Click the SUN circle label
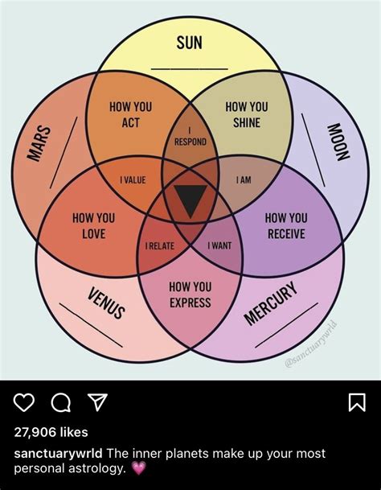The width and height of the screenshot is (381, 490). coord(189,43)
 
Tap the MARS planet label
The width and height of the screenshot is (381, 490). coord(39,143)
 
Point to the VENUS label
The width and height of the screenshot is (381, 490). coord(106,303)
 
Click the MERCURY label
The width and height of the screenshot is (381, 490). coord(271,303)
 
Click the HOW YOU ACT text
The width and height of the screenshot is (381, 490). coord(130,115)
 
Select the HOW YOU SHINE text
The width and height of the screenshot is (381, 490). coord(247,115)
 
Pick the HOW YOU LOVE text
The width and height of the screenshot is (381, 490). coord(94,226)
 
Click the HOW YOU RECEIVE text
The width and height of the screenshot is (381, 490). coord(286,226)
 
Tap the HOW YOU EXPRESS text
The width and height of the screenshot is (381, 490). coord(190,294)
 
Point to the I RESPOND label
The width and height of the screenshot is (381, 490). coord(190,138)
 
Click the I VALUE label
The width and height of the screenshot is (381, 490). coord(133,180)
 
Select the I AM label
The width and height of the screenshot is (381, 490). coord(244,180)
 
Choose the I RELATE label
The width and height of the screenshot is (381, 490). coord(160,246)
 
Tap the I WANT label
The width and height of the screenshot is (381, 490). coord(219,246)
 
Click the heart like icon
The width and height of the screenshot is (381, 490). coord(24,401)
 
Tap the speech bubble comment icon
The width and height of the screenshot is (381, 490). coord(61,402)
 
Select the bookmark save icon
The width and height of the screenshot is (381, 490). coord(357,402)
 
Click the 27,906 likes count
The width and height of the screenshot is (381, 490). coord(51,432)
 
